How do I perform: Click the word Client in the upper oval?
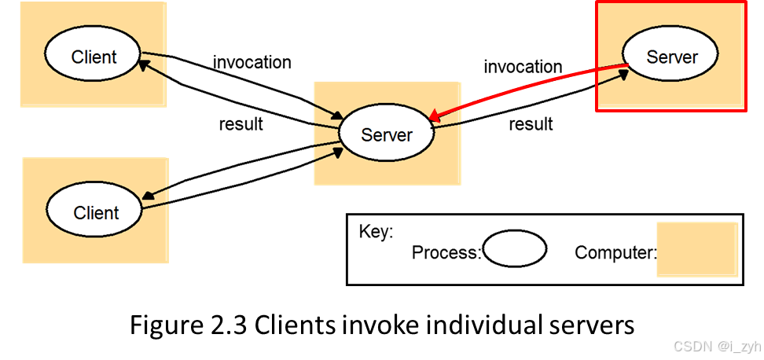94,57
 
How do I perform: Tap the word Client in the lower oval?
96,212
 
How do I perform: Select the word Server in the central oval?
387,134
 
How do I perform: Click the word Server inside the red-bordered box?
671,57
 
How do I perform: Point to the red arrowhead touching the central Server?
434,115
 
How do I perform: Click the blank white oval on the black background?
514,249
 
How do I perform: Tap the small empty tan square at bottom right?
697,249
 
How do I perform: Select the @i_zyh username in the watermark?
738,345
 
